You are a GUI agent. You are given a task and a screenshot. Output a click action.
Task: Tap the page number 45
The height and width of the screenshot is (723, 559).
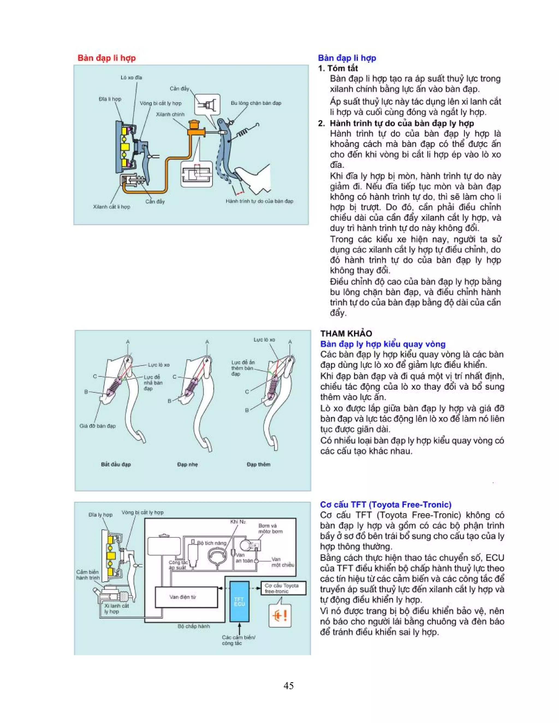pos(289,685)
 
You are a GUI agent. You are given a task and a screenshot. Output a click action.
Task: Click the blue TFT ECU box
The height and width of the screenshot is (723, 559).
pos(239,602)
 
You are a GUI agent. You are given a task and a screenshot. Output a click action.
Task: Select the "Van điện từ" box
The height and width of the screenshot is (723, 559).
pos(186,597)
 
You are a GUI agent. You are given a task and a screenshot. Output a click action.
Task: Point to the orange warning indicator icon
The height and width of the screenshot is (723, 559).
pos(280,616)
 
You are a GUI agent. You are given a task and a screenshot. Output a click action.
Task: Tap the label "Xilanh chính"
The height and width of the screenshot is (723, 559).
pos(170,114)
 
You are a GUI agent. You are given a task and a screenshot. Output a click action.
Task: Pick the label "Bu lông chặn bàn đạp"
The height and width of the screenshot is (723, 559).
pos(256,103)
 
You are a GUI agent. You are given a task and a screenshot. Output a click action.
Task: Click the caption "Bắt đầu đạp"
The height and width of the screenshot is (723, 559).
pos(116,464)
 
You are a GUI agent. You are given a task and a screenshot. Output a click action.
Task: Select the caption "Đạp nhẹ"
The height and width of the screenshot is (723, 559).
pos(188,464)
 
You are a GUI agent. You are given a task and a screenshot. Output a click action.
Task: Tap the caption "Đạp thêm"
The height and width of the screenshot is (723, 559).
pos(259,464)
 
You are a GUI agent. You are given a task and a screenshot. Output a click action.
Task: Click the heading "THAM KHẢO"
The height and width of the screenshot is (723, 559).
pos(346,333)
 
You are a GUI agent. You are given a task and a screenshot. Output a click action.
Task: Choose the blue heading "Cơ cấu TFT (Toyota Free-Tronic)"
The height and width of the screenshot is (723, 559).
pos(385,504)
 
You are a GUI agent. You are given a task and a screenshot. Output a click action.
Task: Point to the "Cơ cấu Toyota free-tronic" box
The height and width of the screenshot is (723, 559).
pos(283,588)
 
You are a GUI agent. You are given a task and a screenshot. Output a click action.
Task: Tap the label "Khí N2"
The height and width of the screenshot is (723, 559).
pos(238,522)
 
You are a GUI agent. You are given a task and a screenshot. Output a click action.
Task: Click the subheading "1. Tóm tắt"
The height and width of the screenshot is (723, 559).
pos(338,68)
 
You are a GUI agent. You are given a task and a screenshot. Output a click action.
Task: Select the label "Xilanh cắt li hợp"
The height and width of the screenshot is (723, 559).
pos(112,207)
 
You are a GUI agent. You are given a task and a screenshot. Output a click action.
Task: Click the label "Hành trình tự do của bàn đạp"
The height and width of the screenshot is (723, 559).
pos(259,201)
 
